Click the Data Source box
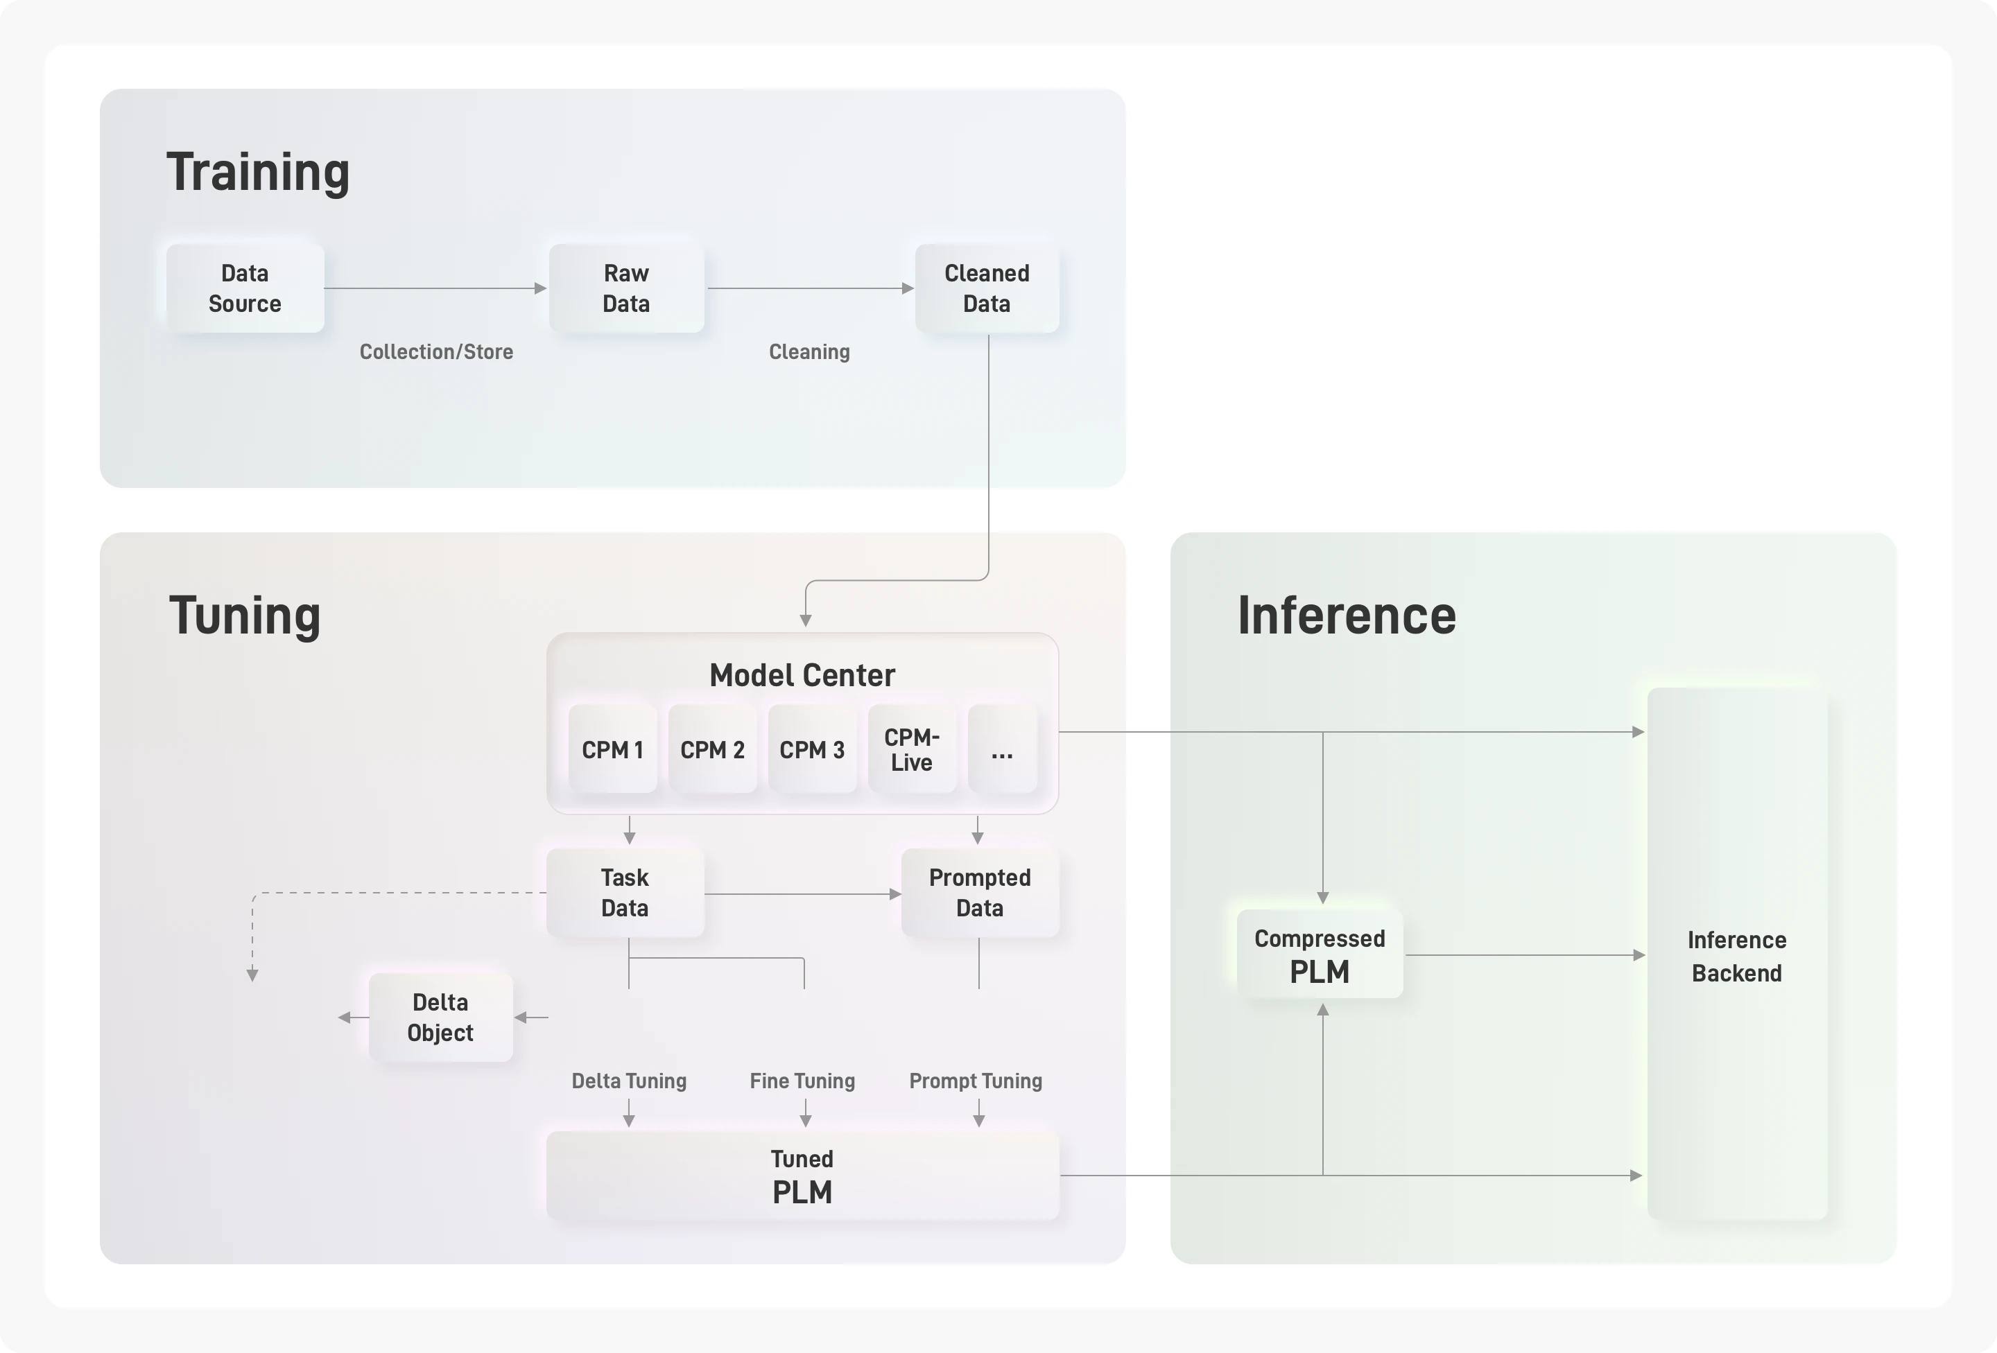[245, 288]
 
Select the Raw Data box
[626, 288]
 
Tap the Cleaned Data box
[987, 288]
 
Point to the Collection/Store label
[437, 351]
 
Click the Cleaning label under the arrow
[809, 351]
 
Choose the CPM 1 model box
[613, 749]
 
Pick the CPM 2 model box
[712, 749]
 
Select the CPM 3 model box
[812, 749]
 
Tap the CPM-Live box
[912, 749]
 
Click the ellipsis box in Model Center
[1002, 749]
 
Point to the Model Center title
[802, 675]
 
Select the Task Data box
[625, 893]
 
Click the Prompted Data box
[980, 893]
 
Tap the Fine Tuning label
[802, 1081]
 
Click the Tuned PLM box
[802, 1175]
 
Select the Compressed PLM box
[1320, 954]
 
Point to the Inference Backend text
[1737, 956]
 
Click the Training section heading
[258, 172]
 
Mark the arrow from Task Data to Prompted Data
[802, 894]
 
